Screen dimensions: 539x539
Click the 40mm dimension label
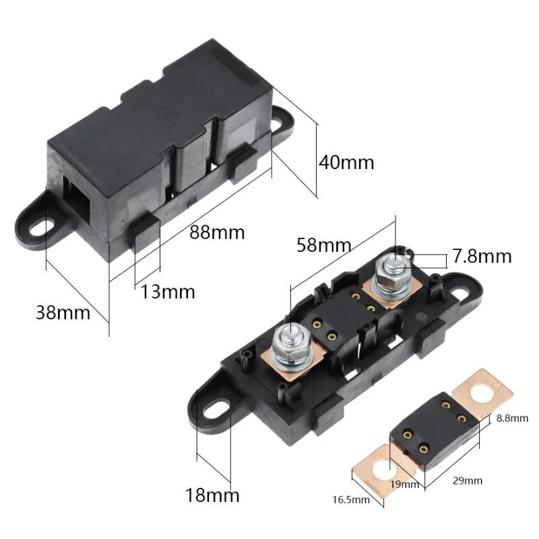click(346, 162)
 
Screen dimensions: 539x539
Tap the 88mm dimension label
click(217, 232)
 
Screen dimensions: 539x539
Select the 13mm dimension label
click(168, 292)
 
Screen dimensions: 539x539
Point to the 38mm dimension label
click(63, 313)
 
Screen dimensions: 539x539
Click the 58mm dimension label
click(324, 245)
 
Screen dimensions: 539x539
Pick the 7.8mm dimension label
click(482, 257)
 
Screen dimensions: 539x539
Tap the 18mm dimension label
click(212, 495)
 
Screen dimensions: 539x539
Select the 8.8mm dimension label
click(512, 418)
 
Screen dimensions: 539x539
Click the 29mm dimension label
click(468, 480)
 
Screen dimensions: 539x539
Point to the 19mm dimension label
click(405, 484)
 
